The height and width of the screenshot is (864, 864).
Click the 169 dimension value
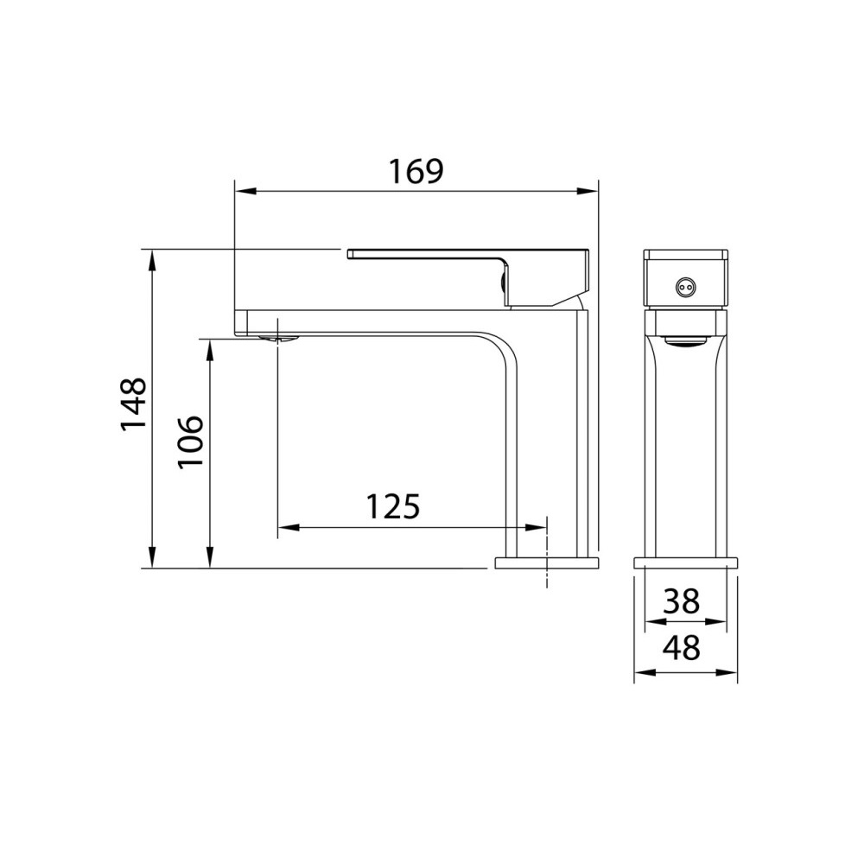(415, 171)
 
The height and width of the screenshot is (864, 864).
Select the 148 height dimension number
(133, 404)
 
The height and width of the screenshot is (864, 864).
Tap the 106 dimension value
(190, 441)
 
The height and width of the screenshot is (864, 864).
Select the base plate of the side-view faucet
(546, 563)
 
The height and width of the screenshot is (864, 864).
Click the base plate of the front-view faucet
(686, 562)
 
